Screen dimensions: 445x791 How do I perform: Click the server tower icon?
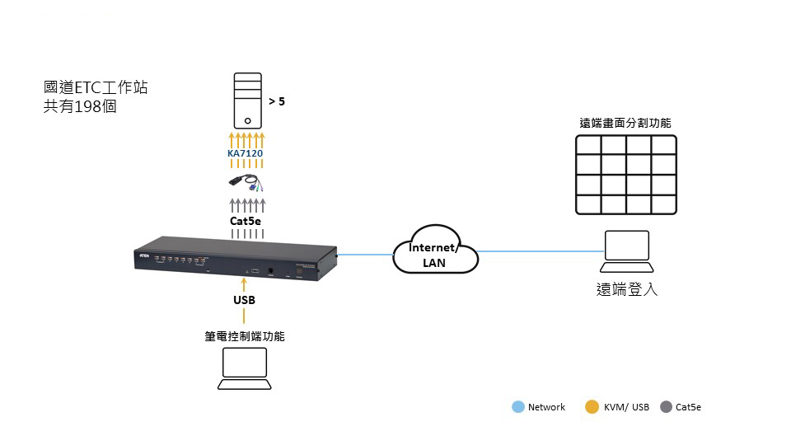pos(247,102)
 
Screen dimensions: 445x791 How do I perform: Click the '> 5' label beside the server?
pos(277,102)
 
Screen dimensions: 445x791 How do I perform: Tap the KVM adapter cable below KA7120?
pos(246,183)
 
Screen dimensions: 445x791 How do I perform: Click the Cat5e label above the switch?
pos(246,220)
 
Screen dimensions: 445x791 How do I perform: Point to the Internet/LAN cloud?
pos(434,253)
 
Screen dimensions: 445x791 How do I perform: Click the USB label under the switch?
pos(244,300)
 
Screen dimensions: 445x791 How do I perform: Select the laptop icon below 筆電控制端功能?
pos(245,368)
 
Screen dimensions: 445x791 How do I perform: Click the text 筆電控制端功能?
pos(246,336)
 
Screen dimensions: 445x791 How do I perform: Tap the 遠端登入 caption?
pos(627,290)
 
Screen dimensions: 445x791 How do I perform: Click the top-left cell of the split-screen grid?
pos(588,146)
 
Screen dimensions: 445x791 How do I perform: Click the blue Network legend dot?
pos(517,407)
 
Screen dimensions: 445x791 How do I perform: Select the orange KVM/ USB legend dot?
pos(592,407)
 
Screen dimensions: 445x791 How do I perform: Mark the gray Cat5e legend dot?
pos(666,407)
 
